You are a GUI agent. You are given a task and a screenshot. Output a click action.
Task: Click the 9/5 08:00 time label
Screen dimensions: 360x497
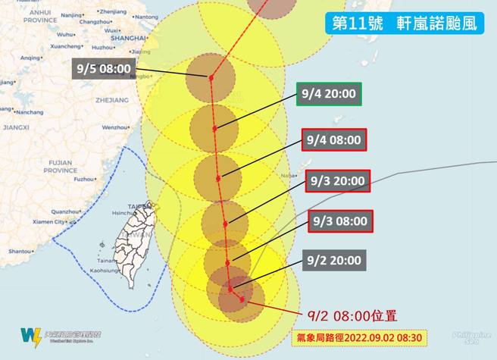point(104,69)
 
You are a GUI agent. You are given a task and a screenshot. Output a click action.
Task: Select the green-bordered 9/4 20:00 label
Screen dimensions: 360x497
point(329,95)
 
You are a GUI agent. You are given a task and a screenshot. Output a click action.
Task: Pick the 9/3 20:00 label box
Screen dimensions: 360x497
point(339,181)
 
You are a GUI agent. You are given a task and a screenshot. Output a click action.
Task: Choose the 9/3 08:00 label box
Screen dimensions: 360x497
point(339,221)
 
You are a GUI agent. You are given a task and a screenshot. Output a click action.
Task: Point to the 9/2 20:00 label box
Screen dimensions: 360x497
point(334,260)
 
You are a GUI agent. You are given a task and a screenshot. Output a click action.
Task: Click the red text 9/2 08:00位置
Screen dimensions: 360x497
point(352,315)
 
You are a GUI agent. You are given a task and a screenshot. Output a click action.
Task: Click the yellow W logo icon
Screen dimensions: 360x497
point(31,337)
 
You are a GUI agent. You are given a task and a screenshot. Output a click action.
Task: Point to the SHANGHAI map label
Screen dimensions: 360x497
point(128,37)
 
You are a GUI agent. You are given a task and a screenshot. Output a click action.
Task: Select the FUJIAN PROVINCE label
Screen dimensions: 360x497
point(60,166)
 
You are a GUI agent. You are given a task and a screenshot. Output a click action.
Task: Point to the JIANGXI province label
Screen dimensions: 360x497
point(16,127)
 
